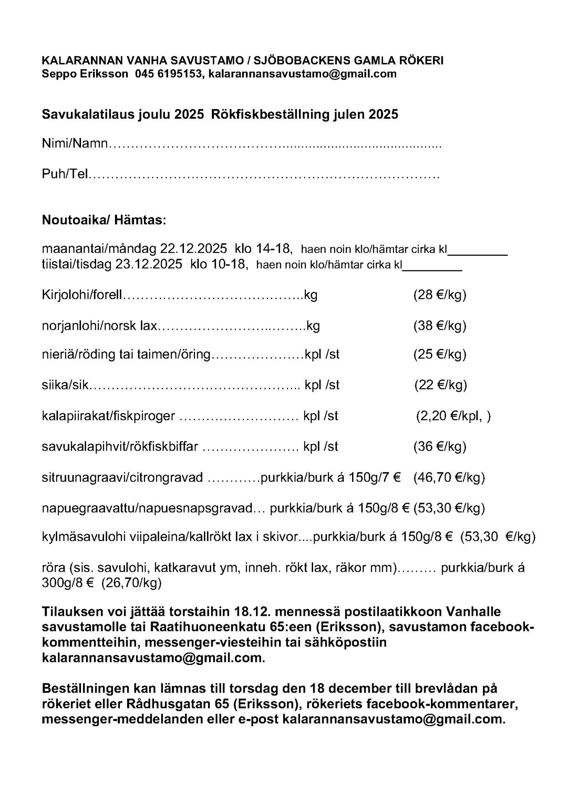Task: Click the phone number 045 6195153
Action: pos(168,74)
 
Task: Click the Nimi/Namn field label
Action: pos(75,143)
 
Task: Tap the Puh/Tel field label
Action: pos(65,174)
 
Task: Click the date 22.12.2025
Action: pos(193,249)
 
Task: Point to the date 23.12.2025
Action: pos(149,264)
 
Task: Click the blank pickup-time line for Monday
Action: pos(478,252)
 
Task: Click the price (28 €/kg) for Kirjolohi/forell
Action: pos(439,295)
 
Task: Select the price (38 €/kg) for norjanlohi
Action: pos(439,326)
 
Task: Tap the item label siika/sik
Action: pos(65,385)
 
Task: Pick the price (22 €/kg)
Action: pos(440,385)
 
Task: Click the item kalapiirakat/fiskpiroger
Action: pos(108,416)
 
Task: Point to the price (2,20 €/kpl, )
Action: pos(453,416)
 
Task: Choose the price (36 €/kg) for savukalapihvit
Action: pos(439,447)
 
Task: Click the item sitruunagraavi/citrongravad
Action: pos(122,478)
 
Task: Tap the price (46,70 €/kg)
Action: pos(449,478)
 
